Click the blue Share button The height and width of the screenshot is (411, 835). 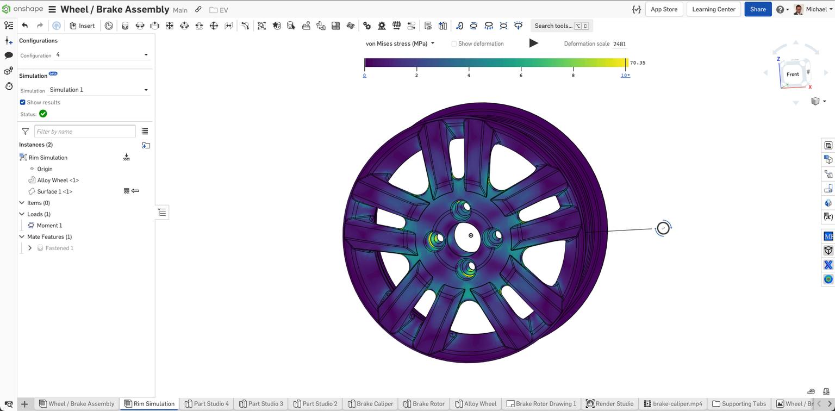click(757, 9)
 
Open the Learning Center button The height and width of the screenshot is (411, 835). click(713, 9)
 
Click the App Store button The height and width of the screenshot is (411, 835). click(664, 9)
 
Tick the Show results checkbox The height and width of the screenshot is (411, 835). click(23, 102)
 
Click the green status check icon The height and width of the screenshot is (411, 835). click(43, 114)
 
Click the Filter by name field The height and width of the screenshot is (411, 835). click(85, 132)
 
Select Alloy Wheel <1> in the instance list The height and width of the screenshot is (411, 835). click(58, 180)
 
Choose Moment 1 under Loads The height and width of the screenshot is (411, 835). click(49, 225)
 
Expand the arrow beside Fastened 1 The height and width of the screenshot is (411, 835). click(30, 248)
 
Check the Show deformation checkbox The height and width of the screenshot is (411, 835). click(454, 44)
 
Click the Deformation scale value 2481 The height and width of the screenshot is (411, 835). click(619, 44)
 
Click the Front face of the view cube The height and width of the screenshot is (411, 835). click(792, 74)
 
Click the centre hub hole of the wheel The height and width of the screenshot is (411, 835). click(471, 235)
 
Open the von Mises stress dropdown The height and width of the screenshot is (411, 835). click(400, 43)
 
